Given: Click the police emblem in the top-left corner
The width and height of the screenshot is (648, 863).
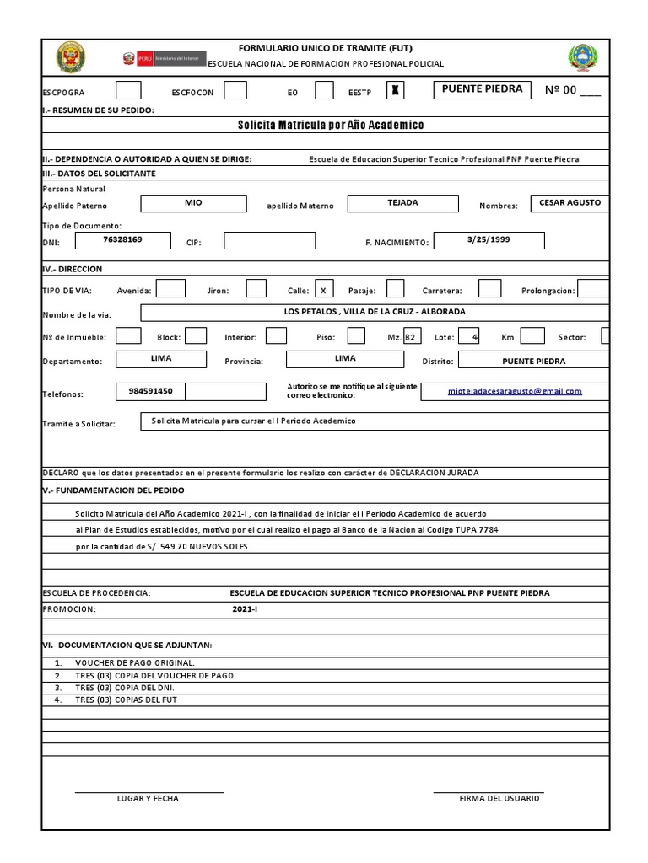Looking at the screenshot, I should point(70,57).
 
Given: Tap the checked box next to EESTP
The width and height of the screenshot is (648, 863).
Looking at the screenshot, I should point(396,90).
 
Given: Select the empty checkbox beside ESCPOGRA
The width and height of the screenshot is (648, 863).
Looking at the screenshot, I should point(128,90).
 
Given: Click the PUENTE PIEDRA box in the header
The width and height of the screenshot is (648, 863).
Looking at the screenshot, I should point(482,89).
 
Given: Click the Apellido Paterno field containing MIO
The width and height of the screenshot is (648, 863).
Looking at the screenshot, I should point(193,203).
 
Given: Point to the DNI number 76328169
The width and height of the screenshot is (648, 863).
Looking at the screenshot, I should point(122,240).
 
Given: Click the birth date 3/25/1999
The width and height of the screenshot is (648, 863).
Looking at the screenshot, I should point(488,240).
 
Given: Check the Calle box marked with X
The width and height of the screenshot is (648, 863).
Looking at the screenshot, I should point(323,289).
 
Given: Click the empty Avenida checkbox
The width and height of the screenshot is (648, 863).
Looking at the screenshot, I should point(170,289).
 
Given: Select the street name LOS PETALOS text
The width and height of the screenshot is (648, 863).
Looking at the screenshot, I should point(374,312).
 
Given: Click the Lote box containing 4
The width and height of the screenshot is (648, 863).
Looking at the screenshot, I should point(469,336).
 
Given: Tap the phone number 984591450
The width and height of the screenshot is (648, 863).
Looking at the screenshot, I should point(150,391).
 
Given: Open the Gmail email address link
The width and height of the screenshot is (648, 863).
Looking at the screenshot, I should point(526,391).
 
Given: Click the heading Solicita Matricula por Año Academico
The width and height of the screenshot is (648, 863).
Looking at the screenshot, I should point(331,125).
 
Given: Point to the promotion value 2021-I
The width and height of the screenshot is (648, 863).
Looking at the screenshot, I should point(245,608).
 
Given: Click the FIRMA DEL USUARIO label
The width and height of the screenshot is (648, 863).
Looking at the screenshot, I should point(499,798).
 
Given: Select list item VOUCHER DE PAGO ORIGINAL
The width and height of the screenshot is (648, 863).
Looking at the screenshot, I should point(135,663).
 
